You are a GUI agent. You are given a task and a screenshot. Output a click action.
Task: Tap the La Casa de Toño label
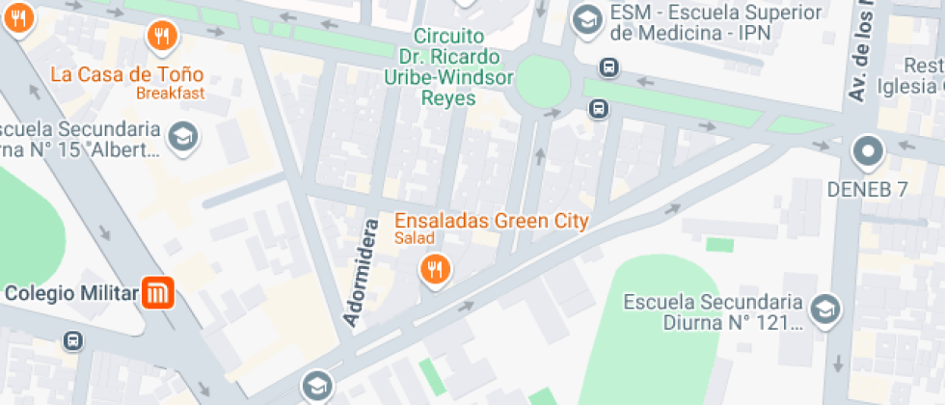[126, 74]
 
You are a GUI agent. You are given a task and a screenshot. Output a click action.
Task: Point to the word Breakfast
[170, 93]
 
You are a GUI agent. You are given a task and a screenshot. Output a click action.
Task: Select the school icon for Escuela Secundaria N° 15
[182, 137]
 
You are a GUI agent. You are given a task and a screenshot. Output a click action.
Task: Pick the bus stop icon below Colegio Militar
[72, 340]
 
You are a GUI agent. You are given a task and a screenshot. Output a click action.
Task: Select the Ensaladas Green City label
[491, 220]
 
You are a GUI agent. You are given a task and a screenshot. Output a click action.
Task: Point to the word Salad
[414, 238]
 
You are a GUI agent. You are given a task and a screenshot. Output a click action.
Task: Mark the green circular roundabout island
[543, 83]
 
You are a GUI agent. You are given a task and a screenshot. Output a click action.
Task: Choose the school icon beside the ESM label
[585, 18]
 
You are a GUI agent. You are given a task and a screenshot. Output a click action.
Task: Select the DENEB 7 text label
[868, 189]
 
